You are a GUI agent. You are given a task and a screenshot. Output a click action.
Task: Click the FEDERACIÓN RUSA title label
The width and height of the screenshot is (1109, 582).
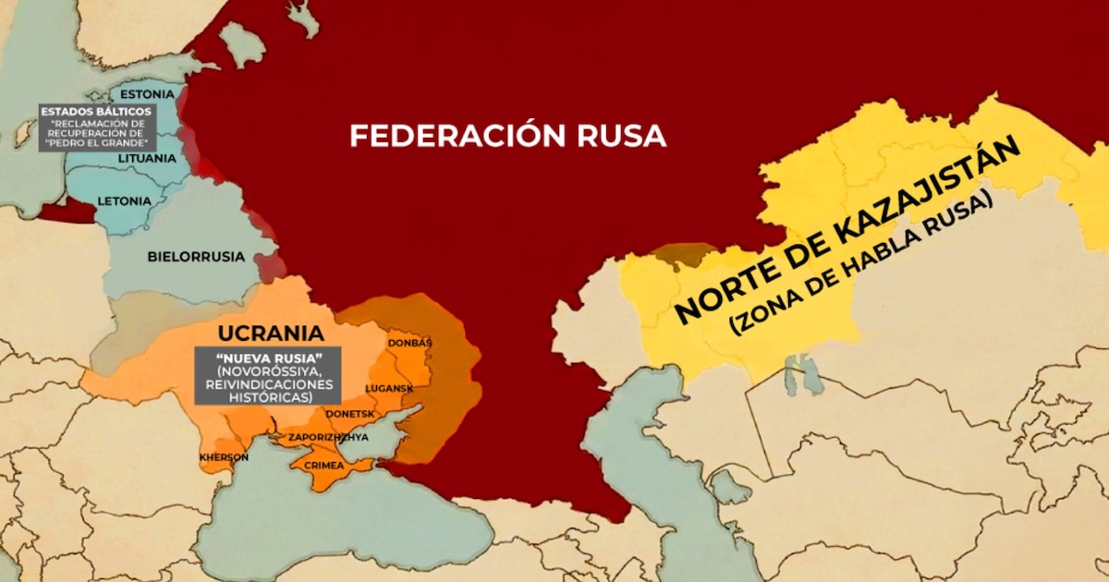507,136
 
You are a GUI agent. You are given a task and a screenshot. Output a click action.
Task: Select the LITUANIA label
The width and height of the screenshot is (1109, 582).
147,158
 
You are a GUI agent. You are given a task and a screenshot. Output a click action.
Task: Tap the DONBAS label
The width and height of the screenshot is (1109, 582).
409,343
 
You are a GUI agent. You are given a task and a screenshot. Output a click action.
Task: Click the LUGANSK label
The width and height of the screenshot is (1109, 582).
389,389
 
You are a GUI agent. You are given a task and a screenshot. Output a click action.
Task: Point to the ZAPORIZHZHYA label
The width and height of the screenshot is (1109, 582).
327,436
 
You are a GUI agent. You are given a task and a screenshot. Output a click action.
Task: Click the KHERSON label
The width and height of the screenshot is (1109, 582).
224,457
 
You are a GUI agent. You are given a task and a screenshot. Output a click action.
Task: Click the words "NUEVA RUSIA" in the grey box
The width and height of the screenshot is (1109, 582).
268,358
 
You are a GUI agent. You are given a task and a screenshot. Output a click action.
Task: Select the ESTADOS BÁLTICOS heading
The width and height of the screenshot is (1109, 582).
96,111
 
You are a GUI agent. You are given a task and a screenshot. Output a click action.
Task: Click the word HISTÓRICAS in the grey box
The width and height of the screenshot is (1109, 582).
268,395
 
